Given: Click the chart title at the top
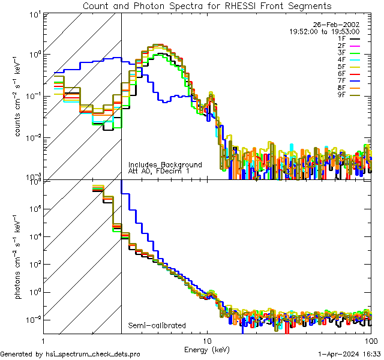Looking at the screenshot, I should pyautogui.click(x=206, y=6).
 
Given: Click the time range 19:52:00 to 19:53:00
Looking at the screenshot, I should pyautogui.click(x=325, y=31).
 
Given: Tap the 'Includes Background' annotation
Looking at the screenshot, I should pyautogui.click(x=165, y=165).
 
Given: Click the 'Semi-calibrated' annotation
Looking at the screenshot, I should pyautogui.click(x=157, y=326).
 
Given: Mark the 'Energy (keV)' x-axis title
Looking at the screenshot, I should pyautogui.click(x=206, y=349).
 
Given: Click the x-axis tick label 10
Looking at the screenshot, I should pyautogui.click(x=207, y=340).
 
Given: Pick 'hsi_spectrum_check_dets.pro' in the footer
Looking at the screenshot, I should pyautogui.click(x=94, y=355).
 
